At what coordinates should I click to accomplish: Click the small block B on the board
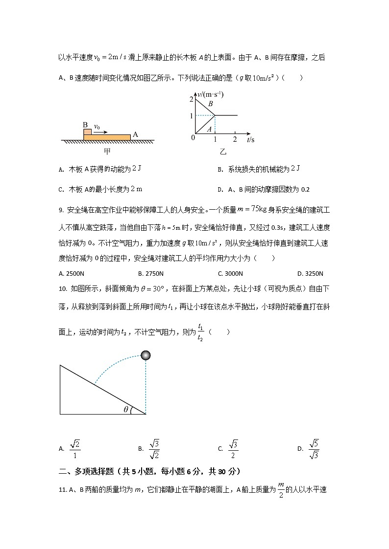(x=87, y=132)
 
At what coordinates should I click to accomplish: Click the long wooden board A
(x=108, y=137)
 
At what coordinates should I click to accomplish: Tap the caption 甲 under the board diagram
(x=107, y=152)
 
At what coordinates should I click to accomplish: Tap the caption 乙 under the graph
(x=223, y=152)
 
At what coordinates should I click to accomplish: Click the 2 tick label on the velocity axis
(x=192, y=100)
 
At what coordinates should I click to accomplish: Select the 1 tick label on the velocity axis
(x=192, y=115)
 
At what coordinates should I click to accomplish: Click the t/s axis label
(x=251, y=140)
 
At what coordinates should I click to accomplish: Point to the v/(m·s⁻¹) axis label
(x=209, y=94)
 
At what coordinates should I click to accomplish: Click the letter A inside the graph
(x=209, y=129)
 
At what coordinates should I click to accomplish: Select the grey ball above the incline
(x=146, y=355)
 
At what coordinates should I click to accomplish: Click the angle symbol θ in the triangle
(x=126, y=409)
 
